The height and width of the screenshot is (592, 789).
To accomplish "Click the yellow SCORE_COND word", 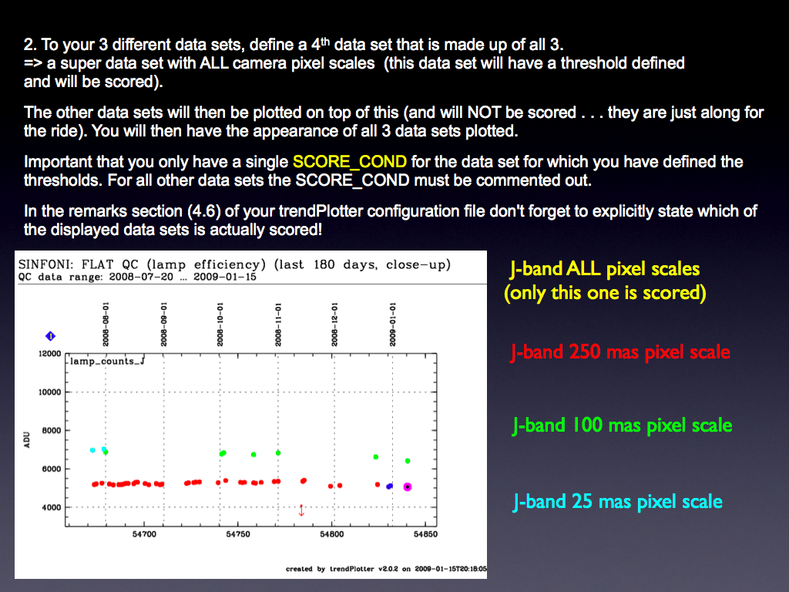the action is tap(350, 162).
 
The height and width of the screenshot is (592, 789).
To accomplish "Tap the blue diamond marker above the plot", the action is tap(50, 336).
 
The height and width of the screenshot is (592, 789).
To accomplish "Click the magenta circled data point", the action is tap(408, 487).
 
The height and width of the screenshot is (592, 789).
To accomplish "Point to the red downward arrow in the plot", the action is tap(301, 510).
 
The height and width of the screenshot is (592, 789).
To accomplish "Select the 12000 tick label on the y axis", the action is tap(50, 353).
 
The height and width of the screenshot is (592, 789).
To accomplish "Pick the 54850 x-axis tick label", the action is tap(425, 534).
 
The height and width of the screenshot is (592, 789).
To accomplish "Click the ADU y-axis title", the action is tap(27, 439).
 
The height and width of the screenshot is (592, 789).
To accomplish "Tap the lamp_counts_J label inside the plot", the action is tap(107, 361).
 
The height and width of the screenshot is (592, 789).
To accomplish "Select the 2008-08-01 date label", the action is tap(106, 325).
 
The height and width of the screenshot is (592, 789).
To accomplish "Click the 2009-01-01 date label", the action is tap(392, 325).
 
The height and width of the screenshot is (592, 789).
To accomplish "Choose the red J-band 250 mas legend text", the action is tap(620, 351).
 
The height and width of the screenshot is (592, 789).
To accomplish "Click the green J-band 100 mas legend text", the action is tap(622, 425).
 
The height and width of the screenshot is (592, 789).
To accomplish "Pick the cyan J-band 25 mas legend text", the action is tap(617, 501).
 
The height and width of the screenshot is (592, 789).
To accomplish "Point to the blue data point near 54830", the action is tap(389, 486).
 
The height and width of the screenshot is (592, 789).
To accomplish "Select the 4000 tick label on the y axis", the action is tap(52, 507).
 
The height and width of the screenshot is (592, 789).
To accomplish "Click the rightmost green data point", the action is tap(408, 461).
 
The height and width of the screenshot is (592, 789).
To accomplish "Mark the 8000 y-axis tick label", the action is tap(52, 430).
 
